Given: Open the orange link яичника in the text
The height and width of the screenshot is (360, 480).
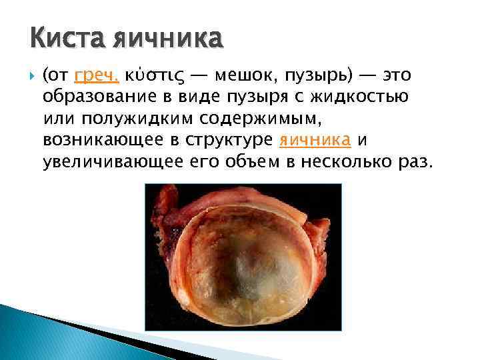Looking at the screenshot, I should (315, 139).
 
